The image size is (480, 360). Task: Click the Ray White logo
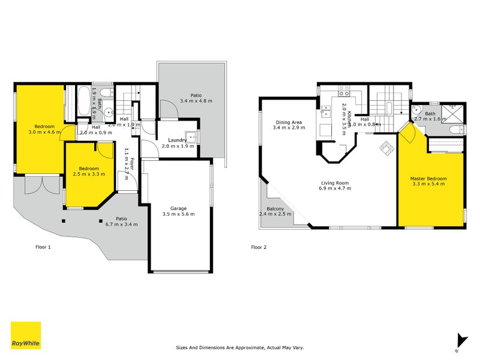coord(26,335)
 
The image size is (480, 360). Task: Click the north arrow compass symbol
coord(460,341)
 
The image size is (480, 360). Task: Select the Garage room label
coord(178,207)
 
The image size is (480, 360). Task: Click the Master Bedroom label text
coord(428,179)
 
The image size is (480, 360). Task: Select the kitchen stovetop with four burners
coord(345,92)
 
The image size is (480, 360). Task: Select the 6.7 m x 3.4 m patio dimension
coord(122,224)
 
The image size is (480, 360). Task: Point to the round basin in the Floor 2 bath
coord(417,110)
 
